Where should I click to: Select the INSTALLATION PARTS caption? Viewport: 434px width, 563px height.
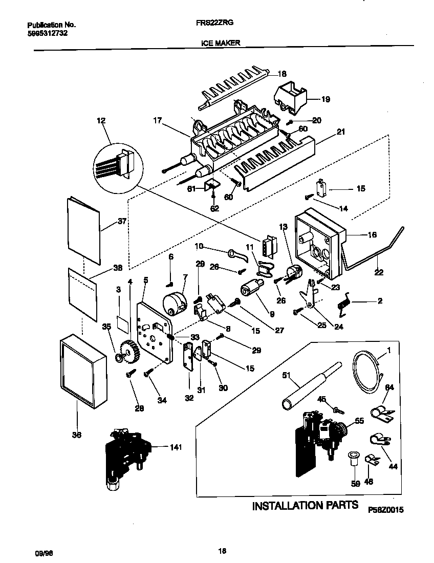point(306,506)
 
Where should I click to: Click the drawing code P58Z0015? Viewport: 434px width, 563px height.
point(385,510)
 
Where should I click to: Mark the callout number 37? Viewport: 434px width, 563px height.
point(121,221)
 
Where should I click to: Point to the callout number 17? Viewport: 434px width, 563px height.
point(158,121)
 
